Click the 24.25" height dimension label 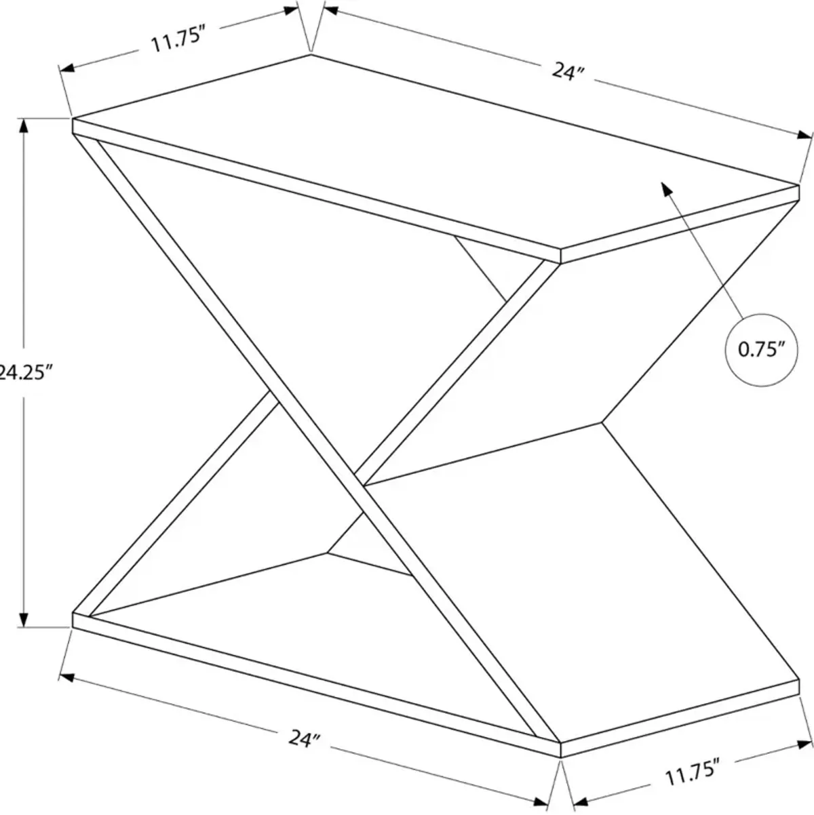(x=26, y=372)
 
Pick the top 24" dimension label (x=567, y=71)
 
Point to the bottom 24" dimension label (x=304, y=738)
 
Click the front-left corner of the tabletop (x=73, y=119)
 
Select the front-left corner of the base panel (x=73, y=612)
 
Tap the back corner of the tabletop (x=311, y=54)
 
